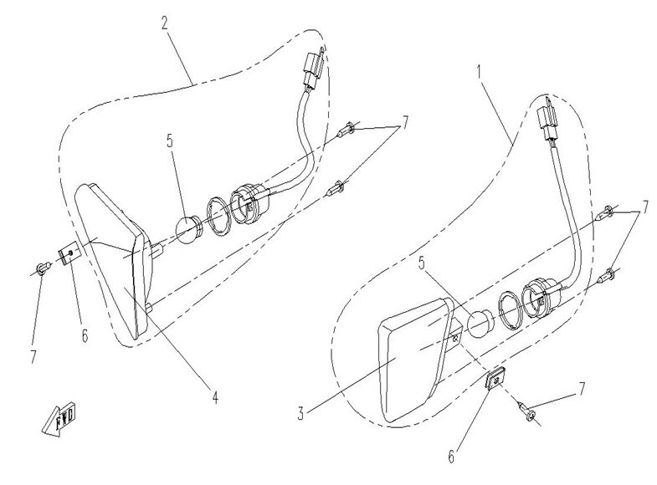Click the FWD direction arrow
59,418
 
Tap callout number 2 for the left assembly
165,23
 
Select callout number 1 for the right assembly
480,73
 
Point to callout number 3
300,414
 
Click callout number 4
214,397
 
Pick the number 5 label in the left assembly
170,141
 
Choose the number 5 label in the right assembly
422,263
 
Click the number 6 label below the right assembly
451,456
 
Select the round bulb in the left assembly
187,230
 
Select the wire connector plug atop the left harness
314,68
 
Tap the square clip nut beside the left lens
68,254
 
